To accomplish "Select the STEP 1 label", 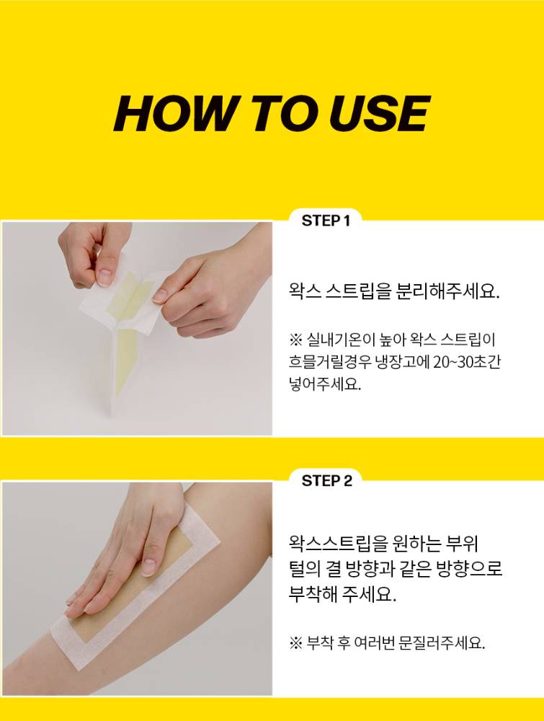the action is pos(326,221).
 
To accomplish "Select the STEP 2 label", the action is pos(326,481).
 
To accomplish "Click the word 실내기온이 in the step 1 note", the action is pos(339,340).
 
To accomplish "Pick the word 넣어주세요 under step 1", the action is pos(325,384).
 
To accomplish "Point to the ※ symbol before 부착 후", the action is pos(295,643).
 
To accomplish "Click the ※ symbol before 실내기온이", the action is pos(295,340).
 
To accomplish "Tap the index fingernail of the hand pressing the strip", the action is pos(148,567).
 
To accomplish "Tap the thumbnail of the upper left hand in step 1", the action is pos(104,277).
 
